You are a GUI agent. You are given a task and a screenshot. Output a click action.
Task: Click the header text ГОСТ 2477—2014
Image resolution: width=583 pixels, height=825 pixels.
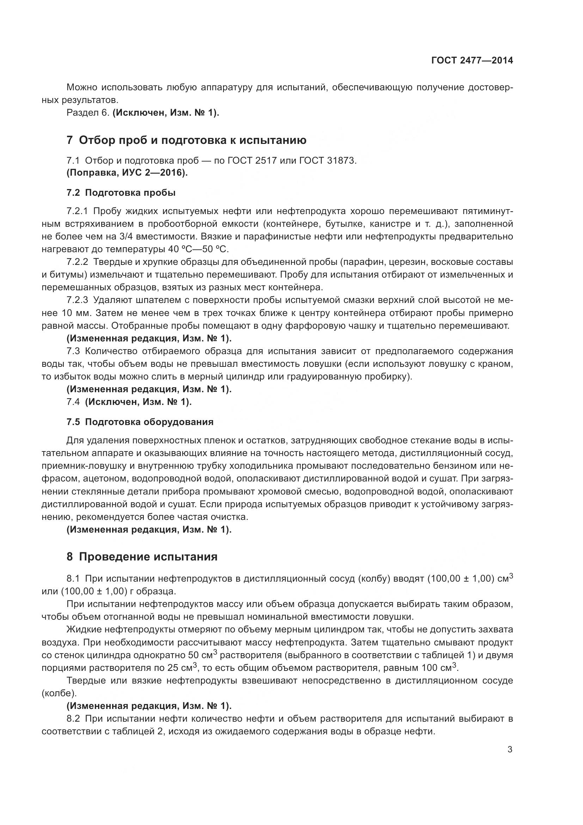click(x=472, y=60)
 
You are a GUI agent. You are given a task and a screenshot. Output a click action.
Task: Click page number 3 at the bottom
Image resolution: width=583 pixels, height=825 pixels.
click(x=510, y=750)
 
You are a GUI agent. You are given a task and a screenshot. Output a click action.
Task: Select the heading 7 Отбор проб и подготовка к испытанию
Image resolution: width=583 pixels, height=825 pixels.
click(x=186, y=140)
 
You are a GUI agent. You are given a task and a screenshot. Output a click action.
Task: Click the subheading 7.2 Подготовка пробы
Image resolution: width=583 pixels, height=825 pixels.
click(x=121, y=193)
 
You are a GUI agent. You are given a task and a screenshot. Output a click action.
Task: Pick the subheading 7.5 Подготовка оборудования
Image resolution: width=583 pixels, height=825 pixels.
click(x=140, y=422)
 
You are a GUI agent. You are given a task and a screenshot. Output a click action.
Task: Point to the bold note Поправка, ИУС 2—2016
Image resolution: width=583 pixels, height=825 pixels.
click(x=128, y=173)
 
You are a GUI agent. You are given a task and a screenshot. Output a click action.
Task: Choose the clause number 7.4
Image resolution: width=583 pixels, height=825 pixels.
click(x=73, y=402)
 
